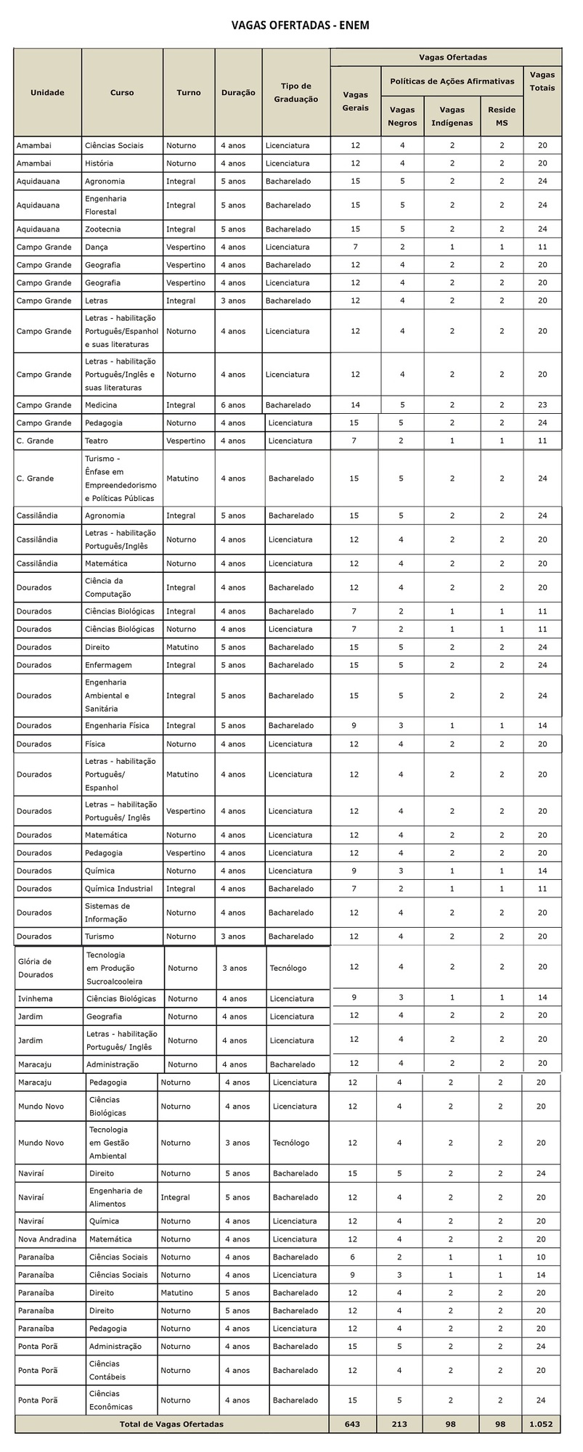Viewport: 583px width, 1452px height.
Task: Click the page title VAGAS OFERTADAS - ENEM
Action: pyautogui.click(x=290, y=25)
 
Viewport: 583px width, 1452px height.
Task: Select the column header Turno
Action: pyautogui.click(x=189, y=92)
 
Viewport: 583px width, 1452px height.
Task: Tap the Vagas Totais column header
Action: pyautogui.click(x=542, y=81)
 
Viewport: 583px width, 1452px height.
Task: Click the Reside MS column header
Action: pyautogui.click(x=502, y=116)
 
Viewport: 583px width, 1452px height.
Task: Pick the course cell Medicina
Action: pyautogui.click(x=101, y=405)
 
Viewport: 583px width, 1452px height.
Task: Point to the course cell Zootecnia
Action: pyautogui.click(x=103, y=229)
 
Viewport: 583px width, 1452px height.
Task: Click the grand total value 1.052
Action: pyautogui.click(x=541, y=1424)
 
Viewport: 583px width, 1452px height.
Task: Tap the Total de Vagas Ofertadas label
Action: pyautogui.click(x=171, y=1424)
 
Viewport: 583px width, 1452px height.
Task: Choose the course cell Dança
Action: pyautogui.click(x=95, y=248)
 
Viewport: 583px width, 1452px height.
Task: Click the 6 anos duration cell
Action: pyautogui.click(x=233, y=405)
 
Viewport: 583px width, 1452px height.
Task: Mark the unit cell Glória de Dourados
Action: pyautogui.click(x=36, y=968)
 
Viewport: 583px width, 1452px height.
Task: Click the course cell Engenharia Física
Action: pyautogui.click(x=119, y=725)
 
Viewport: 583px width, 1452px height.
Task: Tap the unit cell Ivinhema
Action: pyautogui.click(x=35, y=999)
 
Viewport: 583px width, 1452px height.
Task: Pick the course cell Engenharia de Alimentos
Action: pyautogui.click(x=115, y=1197)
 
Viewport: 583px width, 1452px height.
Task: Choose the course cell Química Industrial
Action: pyautogui.click(x=118, y=889)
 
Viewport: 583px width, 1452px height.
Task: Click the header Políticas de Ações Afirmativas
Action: pyautogui.click(x=452, y=81)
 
